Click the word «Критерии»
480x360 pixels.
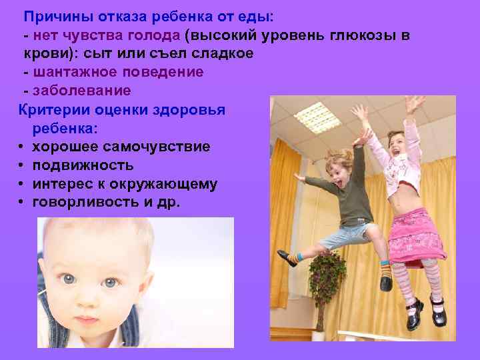[x=50, y=109]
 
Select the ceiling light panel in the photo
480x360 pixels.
[x=317, y=117]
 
